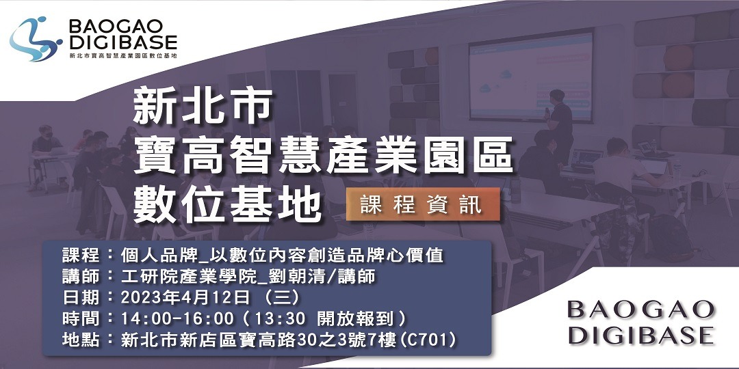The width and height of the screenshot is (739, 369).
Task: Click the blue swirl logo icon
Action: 35,39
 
